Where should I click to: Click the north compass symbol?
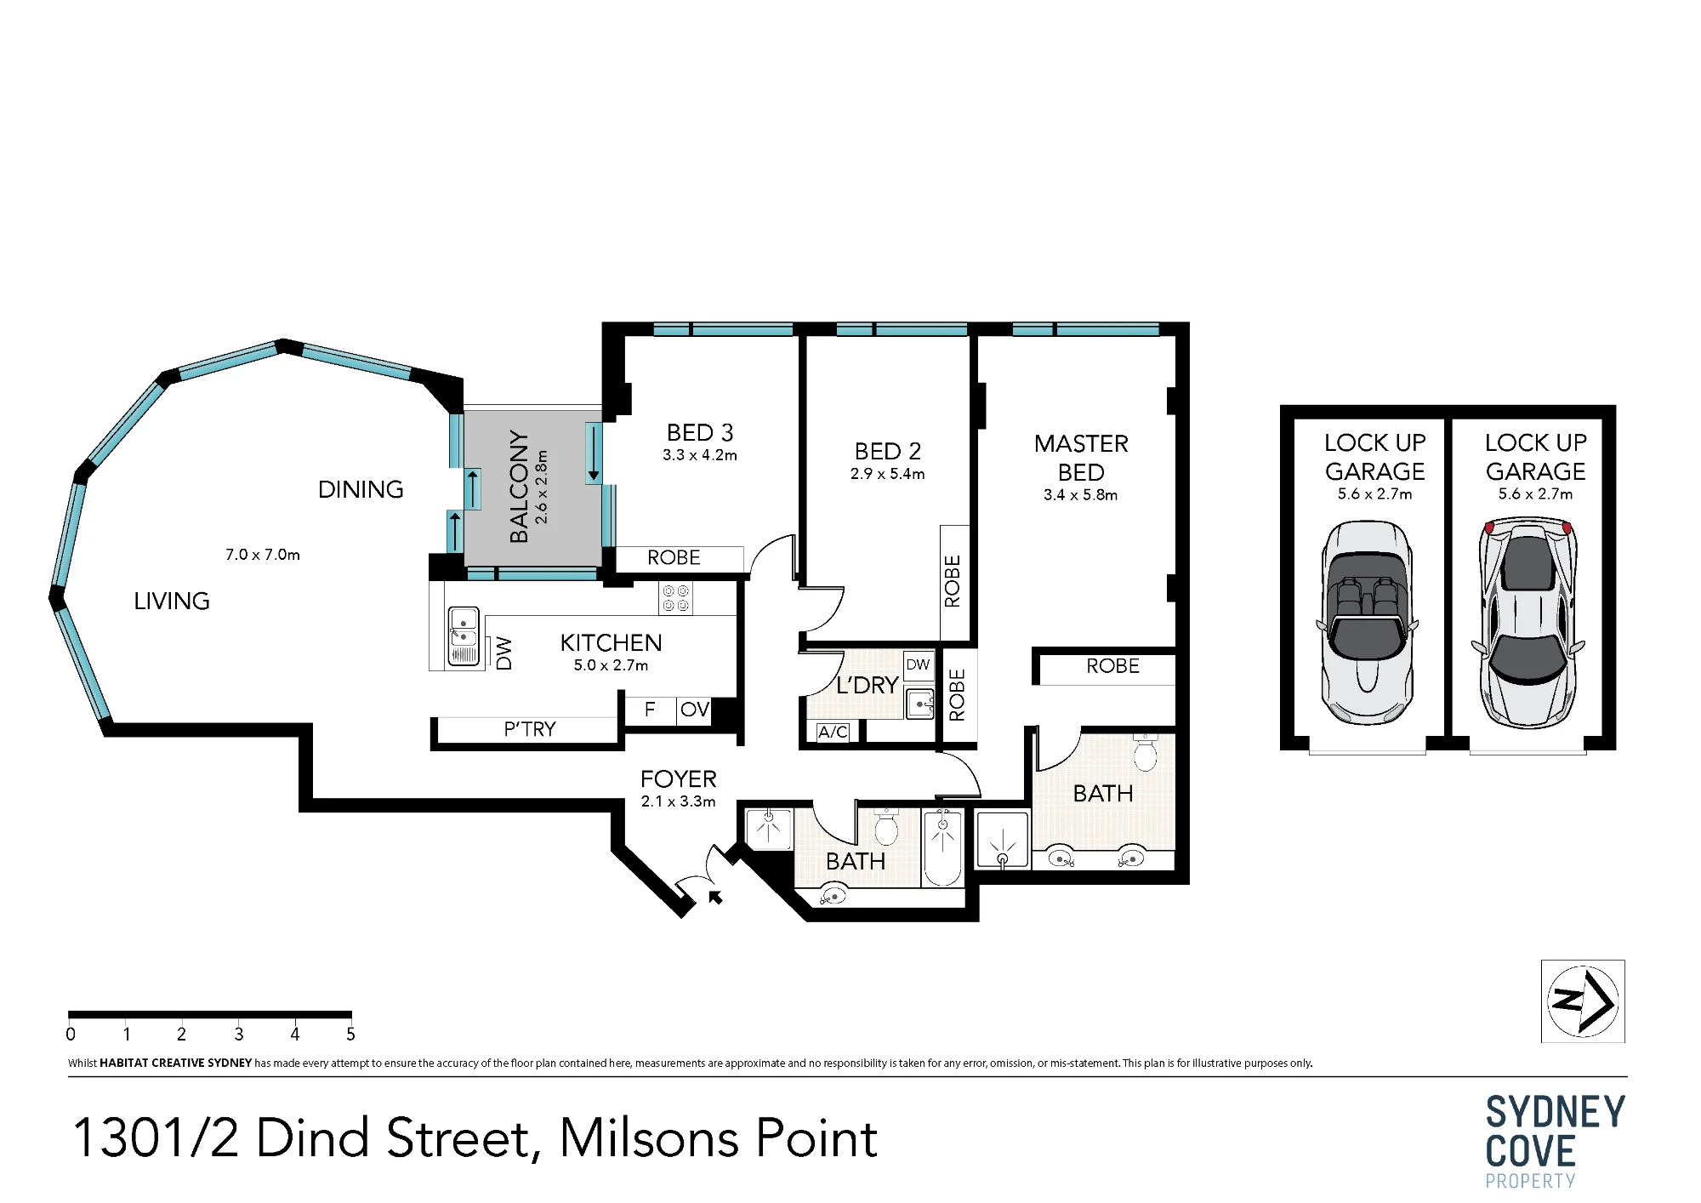point(1583,1001)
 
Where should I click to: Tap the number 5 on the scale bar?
point(350,1035)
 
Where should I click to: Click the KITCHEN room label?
point(611,643)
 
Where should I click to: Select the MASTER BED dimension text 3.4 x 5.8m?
point(1080,495)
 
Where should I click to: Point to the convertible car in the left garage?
point(1368,622)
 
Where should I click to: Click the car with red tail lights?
point(1528,623)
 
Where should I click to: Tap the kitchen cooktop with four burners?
point(676,597)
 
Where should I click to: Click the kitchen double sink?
point(463,636)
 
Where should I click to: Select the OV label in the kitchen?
point(694,710)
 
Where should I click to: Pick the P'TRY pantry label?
point(529,729)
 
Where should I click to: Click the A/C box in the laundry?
point(833,732)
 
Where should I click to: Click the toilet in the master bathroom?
point(1145,752)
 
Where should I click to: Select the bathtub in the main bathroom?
point(942,848)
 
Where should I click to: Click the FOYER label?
point(678,779)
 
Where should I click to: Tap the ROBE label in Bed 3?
point(674,558)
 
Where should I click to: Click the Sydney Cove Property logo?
point(1556,1142)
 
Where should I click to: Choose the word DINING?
point(361,490)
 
